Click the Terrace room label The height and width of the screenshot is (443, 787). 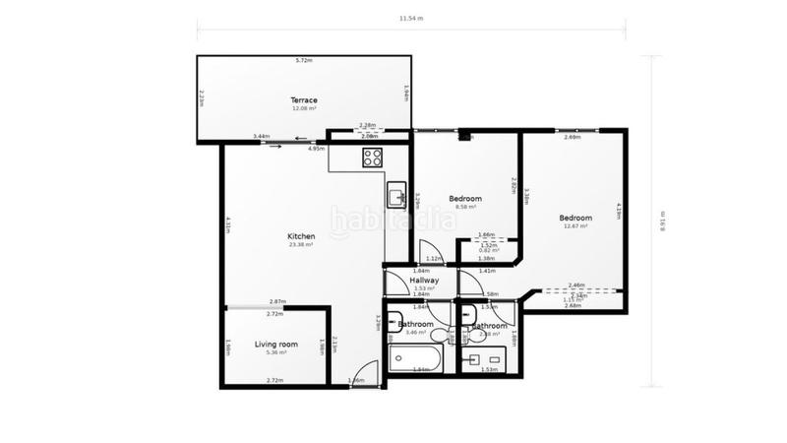(302, 100)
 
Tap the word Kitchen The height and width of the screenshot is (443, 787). (300, 236)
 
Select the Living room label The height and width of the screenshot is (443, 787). (275, 344)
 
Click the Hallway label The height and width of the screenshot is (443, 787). (424, 280)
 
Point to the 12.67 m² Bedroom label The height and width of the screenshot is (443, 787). (575, 218)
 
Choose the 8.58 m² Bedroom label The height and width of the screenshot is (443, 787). (464, 198)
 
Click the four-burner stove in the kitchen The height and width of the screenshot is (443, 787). (372, 157)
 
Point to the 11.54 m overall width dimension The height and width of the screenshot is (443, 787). (412, 18)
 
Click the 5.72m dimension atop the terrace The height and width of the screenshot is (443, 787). (304, 61)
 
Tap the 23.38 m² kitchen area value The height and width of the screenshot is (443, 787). (300, 245)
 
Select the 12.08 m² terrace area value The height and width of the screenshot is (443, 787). (302, 108)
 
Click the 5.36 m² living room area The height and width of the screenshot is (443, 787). (275, 351)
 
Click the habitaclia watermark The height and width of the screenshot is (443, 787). (393, 221)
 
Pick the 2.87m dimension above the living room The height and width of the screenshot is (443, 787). (276, 301)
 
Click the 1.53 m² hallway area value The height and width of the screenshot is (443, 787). (424, 287)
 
